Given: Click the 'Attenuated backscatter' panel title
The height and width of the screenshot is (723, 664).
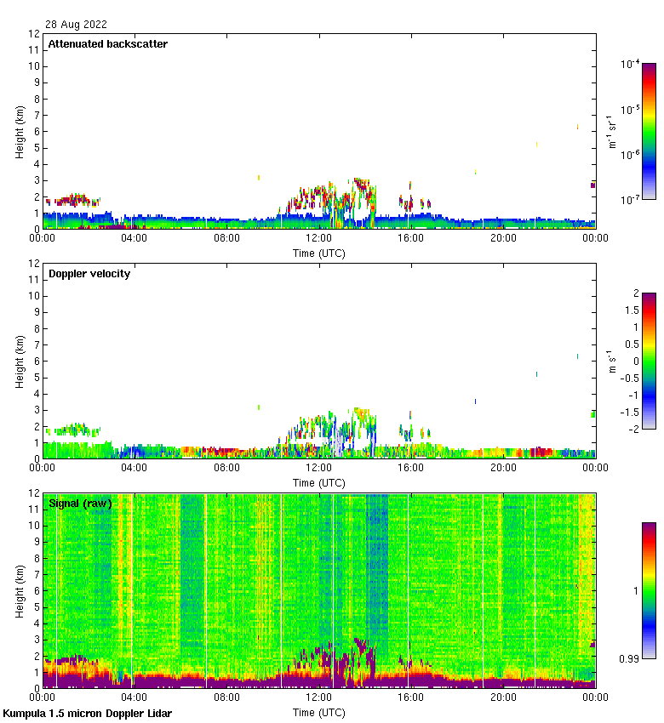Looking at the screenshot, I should [x=108, y=44].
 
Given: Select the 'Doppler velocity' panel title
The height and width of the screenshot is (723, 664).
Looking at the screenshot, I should [x=89, y=274].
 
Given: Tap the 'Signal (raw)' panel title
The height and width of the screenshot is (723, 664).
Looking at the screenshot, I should [x=80, y=504].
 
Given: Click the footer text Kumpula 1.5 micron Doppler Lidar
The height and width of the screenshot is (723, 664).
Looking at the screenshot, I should [x=87, y=713].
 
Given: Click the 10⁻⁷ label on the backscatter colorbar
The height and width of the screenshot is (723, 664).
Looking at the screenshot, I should [x=631, y=200].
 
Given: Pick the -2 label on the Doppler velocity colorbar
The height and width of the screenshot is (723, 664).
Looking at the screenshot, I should [x=631, y=429].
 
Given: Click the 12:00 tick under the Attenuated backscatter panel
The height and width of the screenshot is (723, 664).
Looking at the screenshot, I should [x=319, y=239].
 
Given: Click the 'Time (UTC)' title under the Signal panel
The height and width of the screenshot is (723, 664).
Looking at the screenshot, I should [x=319, y=711].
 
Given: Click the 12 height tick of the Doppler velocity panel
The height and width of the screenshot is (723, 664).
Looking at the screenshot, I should [x=34, y=264].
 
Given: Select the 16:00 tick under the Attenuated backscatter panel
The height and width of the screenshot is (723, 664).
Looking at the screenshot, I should [x=411, y=239].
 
